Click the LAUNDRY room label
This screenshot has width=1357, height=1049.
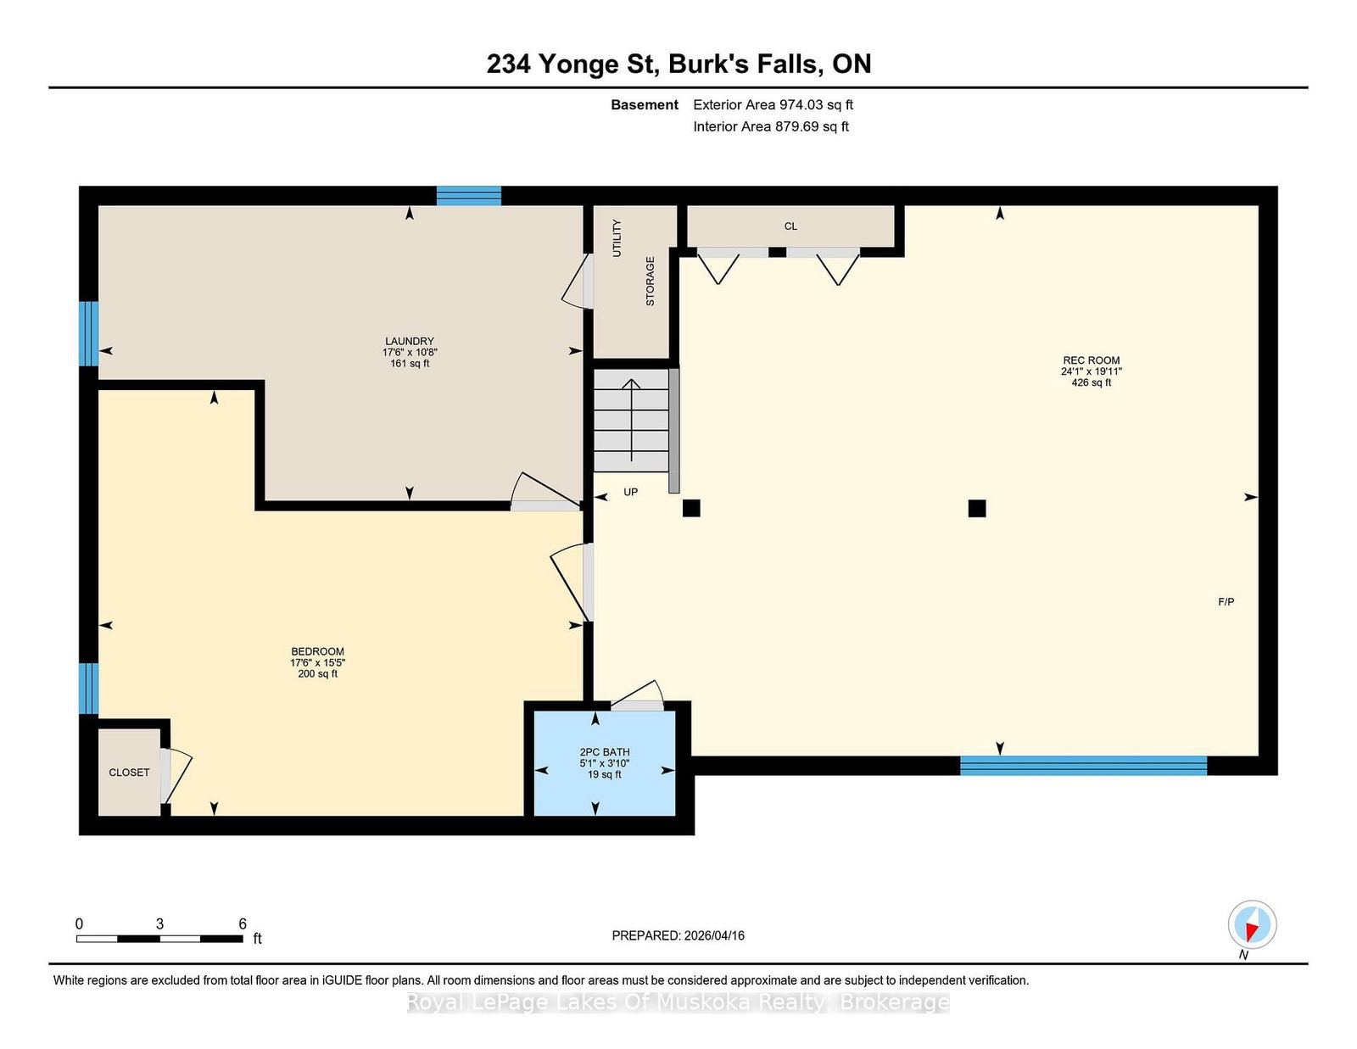click(x=409, y=341)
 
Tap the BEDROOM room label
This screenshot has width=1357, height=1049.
click(x=317, y=651)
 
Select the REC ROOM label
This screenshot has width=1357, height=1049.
click(x=1091, y=360)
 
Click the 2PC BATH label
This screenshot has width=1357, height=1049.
click(x=605, y=752)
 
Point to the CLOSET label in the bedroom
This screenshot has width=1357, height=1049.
click(x=129, y=773)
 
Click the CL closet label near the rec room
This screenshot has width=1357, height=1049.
click(x=790, y=226)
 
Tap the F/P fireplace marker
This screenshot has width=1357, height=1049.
click(x=1226, y=602)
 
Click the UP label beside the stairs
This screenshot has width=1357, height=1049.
click(x=631, y=492)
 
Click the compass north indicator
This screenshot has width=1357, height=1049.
click(x=1252, y=925)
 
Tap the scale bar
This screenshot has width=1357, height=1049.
click(x=159, y=939)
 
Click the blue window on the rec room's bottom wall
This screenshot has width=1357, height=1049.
click(x=1083, y=766)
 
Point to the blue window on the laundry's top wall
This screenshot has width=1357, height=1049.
click(x=468, y=196)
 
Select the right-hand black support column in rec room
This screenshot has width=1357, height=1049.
click(x=977, y=508)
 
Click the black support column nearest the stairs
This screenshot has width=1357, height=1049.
click(x=691, y=508)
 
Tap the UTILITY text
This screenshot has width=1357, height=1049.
click(x=617, y=238)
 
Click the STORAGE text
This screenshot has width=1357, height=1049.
click(x=650, y=281)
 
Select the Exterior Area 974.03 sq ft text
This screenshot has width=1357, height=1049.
click(x=773, y=105)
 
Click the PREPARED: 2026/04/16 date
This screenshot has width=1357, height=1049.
click(x=678, y=935)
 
